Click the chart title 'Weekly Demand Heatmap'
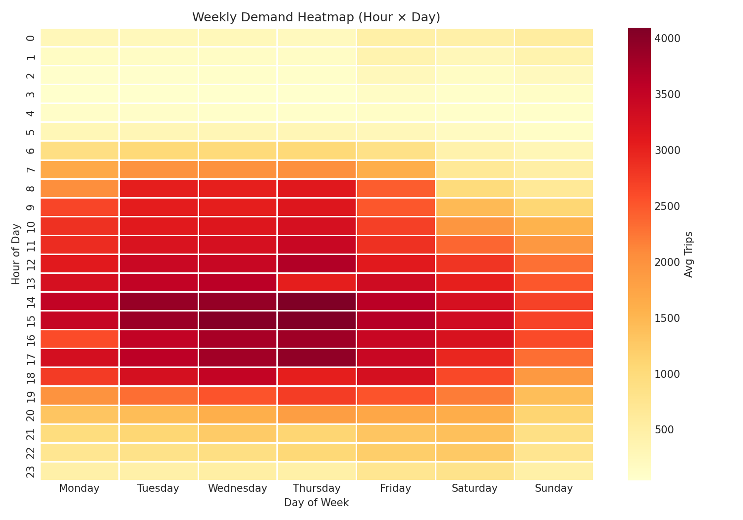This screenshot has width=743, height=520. point(316,17)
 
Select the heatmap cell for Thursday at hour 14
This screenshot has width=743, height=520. point(317,301)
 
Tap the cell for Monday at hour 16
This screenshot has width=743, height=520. point(79,339)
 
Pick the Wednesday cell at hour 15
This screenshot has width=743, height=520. point(237,320)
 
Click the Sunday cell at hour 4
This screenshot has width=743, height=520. point(554,113)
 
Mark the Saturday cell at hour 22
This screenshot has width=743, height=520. point(475,452)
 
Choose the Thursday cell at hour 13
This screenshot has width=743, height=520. point(317,282)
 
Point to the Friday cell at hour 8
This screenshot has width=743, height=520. point(395,188)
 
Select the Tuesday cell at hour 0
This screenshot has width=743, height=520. point(159,38)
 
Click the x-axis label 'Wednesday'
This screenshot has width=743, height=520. point(237,488)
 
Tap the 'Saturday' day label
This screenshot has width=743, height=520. point(475,488)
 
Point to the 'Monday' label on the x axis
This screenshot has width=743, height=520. point(79,488)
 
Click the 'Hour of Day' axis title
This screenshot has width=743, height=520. point(16,254)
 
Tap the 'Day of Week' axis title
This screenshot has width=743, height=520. point(316,503)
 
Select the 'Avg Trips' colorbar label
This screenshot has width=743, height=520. point(689,254)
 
